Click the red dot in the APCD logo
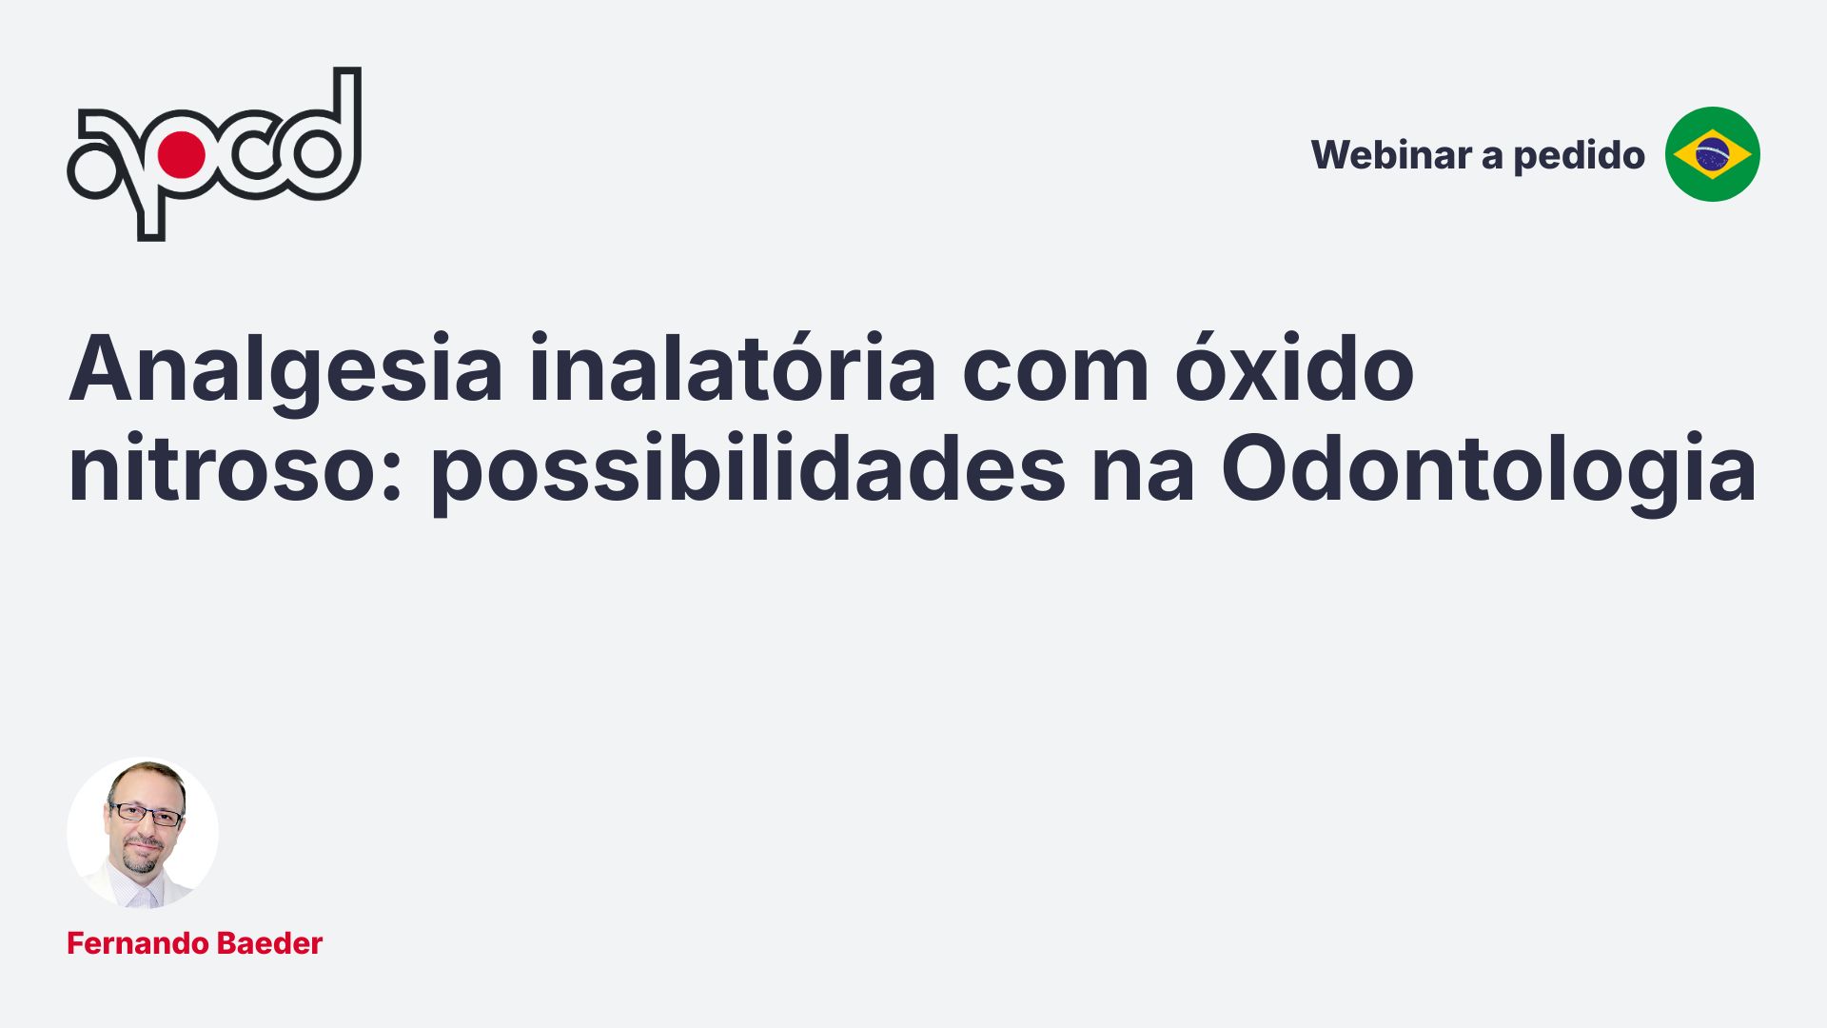[x=181, y=154]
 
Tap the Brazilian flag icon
[x=1712, y=154]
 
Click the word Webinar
[x=1390, y=155]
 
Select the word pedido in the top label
[x=1579, y=156]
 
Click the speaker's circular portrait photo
[x=143, y=833]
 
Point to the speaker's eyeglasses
[x=147, y=814]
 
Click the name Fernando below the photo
[x=137, y=943]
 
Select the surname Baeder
[x=270, y=943]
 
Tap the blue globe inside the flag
[x=1712, y=154]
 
